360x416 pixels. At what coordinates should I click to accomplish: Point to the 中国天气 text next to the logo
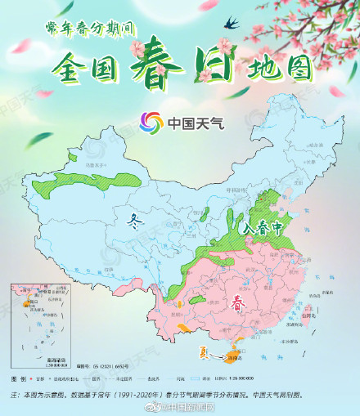(195, 124)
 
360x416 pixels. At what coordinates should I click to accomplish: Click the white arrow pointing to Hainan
(218, 355)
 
